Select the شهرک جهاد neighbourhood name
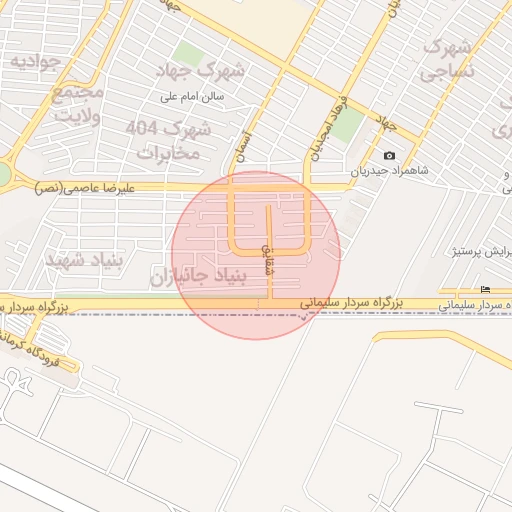207,70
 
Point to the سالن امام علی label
199,97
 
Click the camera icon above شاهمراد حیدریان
389,155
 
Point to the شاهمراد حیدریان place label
389,171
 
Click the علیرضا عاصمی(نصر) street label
76,187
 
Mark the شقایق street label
267,259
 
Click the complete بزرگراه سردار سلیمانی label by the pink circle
351,302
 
